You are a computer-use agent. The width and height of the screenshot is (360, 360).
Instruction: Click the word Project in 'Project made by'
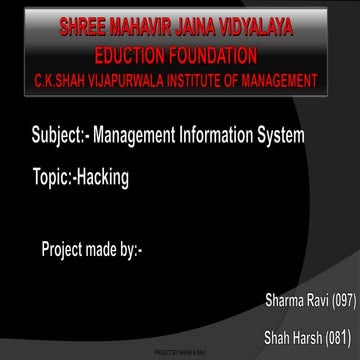pyautogui.click(x=64, y=247)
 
